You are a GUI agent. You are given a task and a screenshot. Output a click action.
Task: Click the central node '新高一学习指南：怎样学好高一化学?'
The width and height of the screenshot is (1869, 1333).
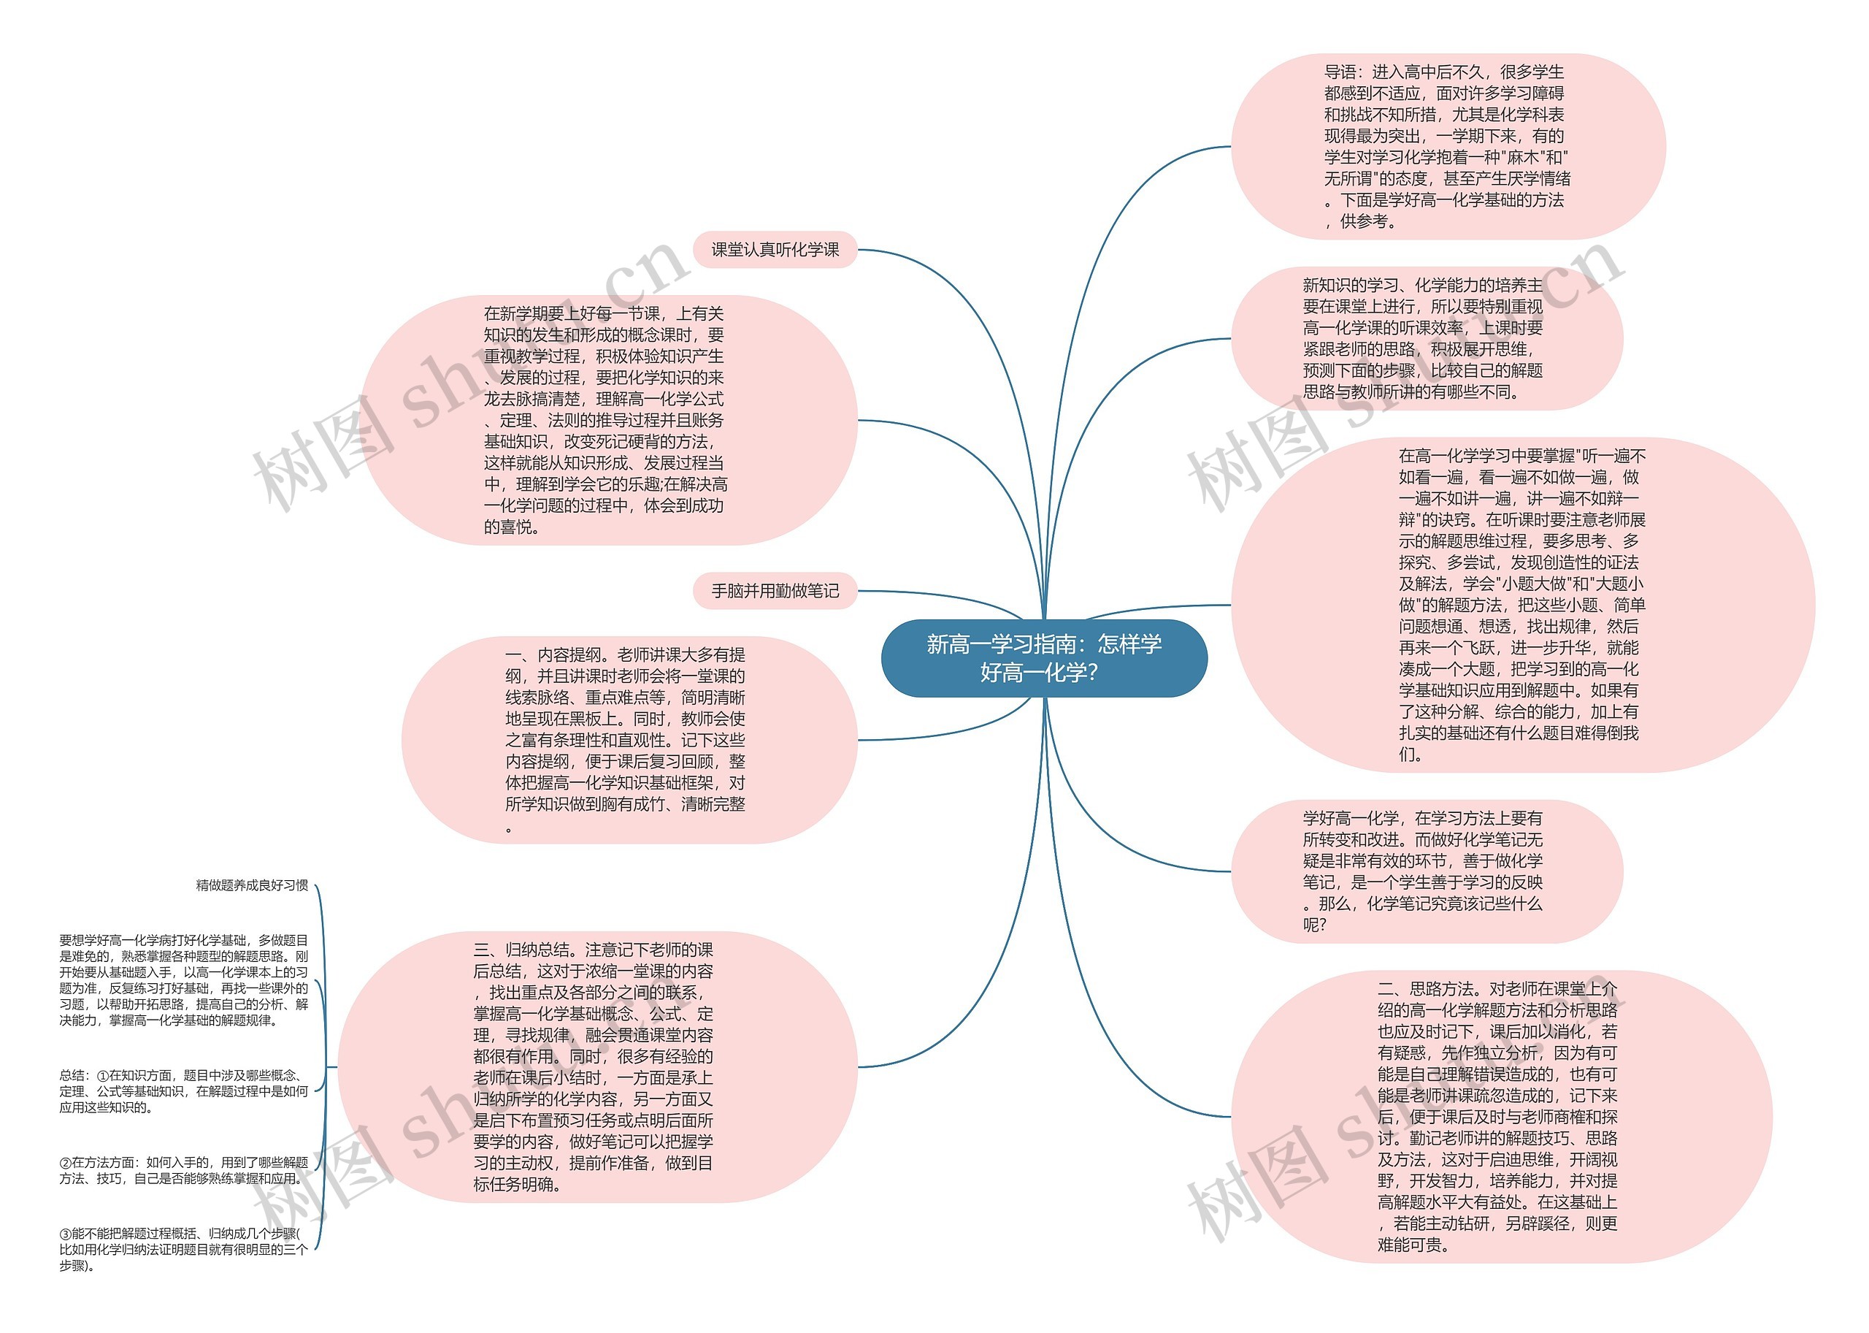(1043, 658)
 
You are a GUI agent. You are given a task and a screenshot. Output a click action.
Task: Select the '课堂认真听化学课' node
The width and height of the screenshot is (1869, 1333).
(775, 250)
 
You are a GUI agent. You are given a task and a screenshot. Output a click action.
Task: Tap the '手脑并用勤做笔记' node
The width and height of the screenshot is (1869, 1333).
(775, 591)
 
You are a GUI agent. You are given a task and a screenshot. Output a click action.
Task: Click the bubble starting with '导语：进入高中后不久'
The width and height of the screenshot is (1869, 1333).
(1447, 147)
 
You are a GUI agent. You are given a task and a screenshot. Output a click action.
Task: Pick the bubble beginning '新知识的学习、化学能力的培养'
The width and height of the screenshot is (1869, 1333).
(1426, 338)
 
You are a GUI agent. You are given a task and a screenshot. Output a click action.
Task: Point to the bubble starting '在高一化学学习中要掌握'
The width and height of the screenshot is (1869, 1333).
(1521, 605)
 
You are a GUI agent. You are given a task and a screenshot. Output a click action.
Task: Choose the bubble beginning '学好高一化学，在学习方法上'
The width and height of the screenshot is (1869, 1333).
(1426, 871)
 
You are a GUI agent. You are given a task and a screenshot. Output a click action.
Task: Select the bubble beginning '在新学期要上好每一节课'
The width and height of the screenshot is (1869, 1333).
(607, 420)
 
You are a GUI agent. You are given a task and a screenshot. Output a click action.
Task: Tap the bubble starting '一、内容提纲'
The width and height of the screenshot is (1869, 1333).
(629, 740)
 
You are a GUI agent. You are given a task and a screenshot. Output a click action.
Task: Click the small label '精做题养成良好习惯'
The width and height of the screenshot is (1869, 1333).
(252, 885)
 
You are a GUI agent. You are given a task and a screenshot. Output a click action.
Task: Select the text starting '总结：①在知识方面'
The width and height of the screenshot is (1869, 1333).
(184, 1091)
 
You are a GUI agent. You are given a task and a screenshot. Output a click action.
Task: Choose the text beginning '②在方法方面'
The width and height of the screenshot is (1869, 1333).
(184, 1170)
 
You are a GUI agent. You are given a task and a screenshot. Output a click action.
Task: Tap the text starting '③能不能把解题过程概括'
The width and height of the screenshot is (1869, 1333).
(184, 1248)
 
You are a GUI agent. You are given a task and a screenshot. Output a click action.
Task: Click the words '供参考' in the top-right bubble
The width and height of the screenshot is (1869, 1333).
(1367, 221)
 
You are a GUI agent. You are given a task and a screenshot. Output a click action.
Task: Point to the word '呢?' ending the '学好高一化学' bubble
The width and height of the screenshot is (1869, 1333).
(1314, 925)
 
